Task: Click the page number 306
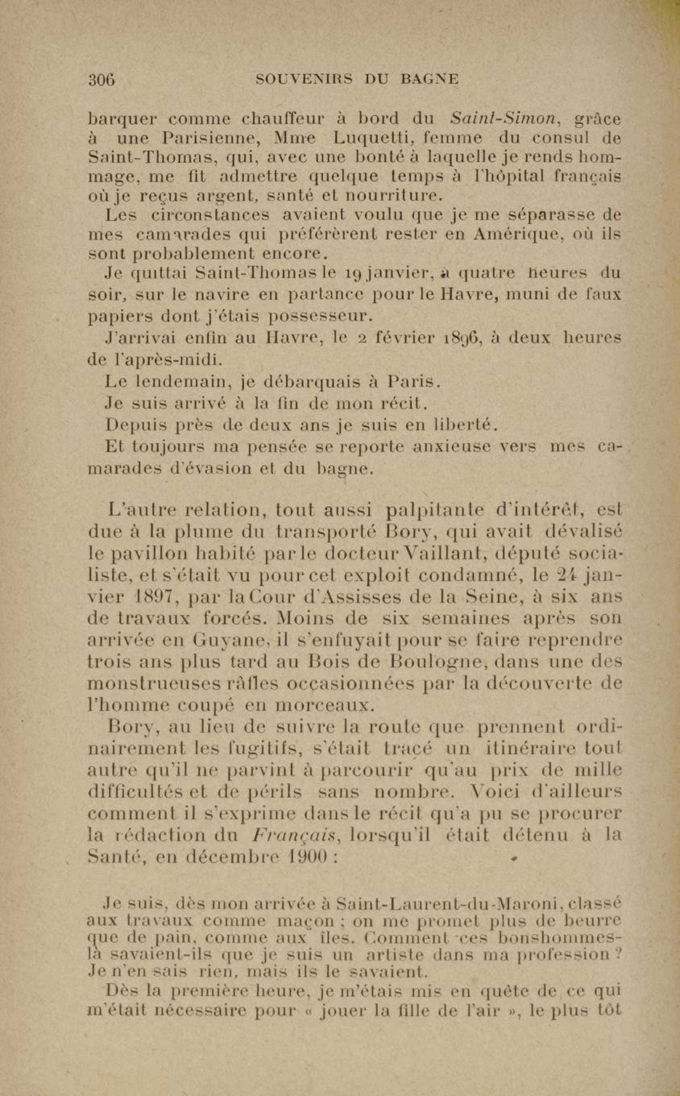[102, 80]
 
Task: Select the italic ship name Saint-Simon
[505, 119]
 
